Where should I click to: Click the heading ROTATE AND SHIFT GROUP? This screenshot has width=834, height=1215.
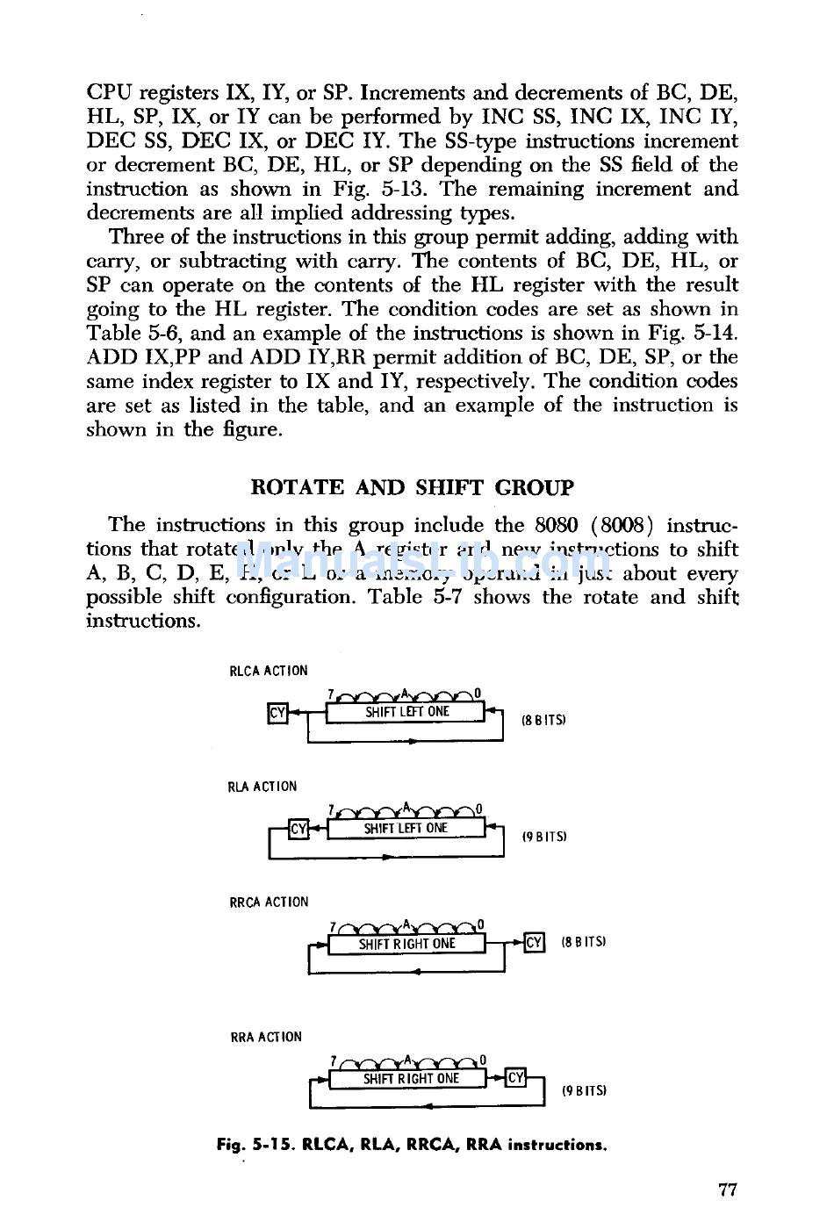412,487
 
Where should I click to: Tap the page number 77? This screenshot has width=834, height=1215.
727,1190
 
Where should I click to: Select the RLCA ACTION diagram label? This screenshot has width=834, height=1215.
269,671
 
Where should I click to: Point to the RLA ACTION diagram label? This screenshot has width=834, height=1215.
262,787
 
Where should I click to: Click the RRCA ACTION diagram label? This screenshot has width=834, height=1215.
269,902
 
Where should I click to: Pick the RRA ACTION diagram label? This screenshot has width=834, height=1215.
265,1037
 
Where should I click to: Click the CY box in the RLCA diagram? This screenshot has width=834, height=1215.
277,713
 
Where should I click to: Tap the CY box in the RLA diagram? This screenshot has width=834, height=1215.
298,828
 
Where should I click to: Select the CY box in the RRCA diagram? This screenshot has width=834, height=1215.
534,943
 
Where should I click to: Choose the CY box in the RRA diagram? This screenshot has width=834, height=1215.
516,1077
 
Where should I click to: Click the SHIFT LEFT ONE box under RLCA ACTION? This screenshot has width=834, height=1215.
406,712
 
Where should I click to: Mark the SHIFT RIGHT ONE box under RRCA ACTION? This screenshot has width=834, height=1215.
406,944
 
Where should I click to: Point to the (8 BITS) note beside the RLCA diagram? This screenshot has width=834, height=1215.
543,720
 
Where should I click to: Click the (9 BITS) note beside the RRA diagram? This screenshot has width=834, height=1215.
584,1091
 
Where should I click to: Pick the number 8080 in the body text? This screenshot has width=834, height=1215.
556,525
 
